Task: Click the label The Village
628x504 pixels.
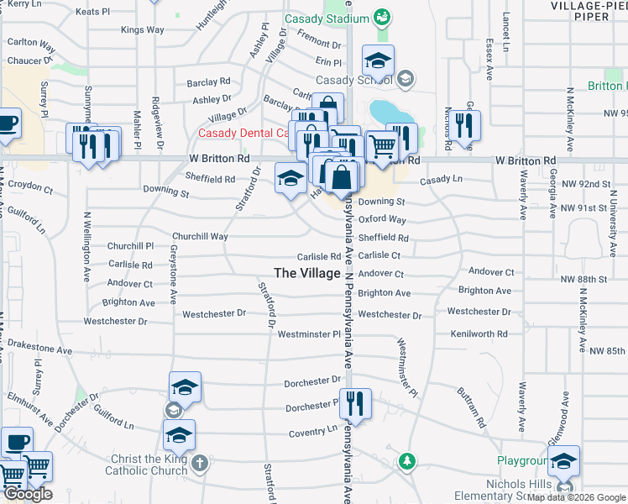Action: [x=307, y=273]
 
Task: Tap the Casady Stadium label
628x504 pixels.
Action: [x=326, y=18]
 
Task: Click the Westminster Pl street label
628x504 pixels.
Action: [x=309, y=334]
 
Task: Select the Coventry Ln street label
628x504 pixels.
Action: [x=312, y=431]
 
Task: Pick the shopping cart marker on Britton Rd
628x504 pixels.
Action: [x=383, y=146]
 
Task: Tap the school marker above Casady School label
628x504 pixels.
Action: [x=379, y=60]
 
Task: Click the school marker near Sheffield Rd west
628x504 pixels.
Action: [x=290, y=177]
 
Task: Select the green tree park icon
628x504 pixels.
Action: [x=407, y=461]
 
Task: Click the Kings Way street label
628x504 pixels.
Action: [x=142, y=30]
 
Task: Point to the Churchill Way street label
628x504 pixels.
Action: [x=201, y=237]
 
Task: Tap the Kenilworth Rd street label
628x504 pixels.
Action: [x=479, y=334]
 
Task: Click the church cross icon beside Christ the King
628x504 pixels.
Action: [x=200, y=463]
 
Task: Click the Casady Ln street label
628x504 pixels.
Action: [x=441, y=180]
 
